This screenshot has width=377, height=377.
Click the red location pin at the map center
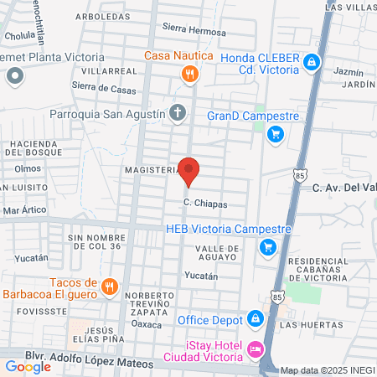(x=189, y=170)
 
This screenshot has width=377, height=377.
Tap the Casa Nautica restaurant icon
(x=190, y=75)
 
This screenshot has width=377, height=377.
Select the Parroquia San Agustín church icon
(x=178, y=112)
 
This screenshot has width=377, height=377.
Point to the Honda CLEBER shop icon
(x=312, y=62)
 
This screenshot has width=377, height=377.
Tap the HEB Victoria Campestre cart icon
(x=267, y=246)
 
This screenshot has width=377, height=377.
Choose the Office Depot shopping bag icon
(x=254, y=319)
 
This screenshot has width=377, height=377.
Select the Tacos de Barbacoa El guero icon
(x=109, y=288)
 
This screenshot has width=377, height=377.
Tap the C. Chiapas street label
(x=205, y=204)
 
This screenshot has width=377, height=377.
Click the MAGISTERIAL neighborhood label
(x=151, y=169)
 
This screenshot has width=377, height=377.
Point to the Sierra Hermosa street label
(x=194, y=32)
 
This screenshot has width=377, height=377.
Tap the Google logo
(x=28, y=366)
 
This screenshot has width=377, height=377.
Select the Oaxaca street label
(x=147, y=324)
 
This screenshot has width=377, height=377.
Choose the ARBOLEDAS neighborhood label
(x=102, y=16)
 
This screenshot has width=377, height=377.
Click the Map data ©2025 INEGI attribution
(x=327, y=370)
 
